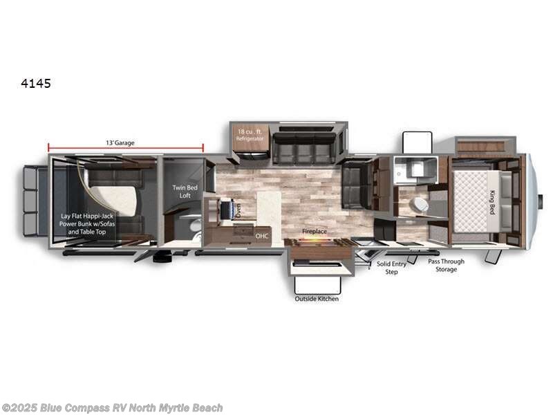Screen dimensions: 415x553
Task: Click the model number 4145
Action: pyautogui.click(x=36, y=84)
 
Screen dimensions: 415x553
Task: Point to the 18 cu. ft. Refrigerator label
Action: pyautogui.click(x=251, y=135)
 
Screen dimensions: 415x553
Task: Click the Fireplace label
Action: pyautogui.click(x=314, y=232)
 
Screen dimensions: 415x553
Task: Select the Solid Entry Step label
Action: pyautogui.click(x=392, y=268)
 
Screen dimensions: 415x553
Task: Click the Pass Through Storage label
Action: pyautogui.click(x=446, y=265)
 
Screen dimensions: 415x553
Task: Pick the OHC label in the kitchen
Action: pyautogui.click(x=261, y=236)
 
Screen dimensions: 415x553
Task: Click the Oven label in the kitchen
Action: pyautogui.click(x=238, y=210)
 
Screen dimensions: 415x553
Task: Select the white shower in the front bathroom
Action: pyautogui.click(x=415, y=169)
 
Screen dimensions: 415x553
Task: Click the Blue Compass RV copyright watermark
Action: pyautogui.click(x=113, y=408)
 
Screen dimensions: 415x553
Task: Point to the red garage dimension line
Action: pyautogui.click(x=125, y=147)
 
